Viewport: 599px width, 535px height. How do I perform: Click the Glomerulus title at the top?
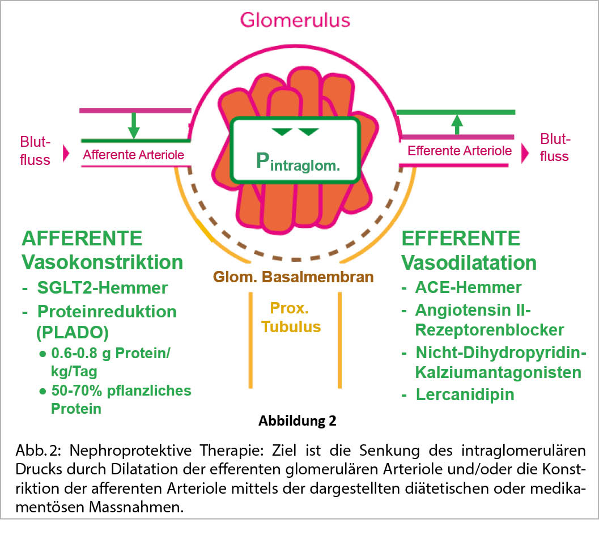(295, 20)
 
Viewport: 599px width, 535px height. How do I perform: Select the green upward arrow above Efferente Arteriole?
(456, 124)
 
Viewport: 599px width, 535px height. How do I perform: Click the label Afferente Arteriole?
(133, 155)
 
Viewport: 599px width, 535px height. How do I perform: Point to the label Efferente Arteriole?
(460, 151)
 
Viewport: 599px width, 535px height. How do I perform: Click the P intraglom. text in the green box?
(298, 163)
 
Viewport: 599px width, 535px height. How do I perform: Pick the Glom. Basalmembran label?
(293, 277)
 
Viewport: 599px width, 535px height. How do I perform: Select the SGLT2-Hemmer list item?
(103, 288)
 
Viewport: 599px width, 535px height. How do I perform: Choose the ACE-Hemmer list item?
(468, 288)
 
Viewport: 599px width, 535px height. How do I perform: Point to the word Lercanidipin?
(465, 394)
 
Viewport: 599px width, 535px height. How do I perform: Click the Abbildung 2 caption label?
(297, 421)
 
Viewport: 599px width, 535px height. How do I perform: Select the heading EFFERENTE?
(461, 239)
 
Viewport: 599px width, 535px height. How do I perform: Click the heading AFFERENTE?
(82, 239)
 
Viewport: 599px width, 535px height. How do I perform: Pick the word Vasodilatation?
(469, 263)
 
